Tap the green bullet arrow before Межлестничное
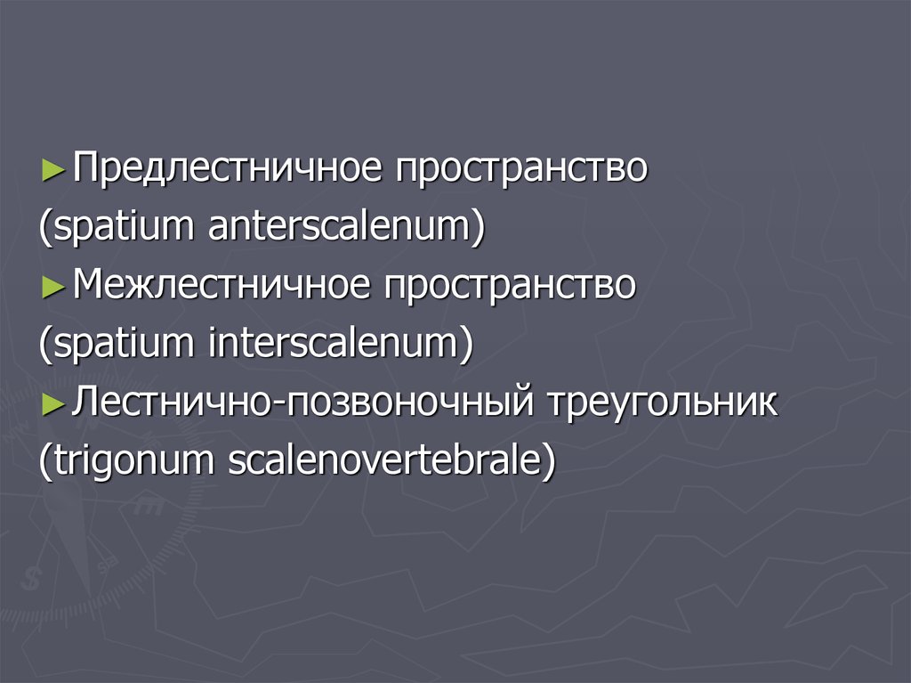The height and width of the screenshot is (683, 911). [52, 287]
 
